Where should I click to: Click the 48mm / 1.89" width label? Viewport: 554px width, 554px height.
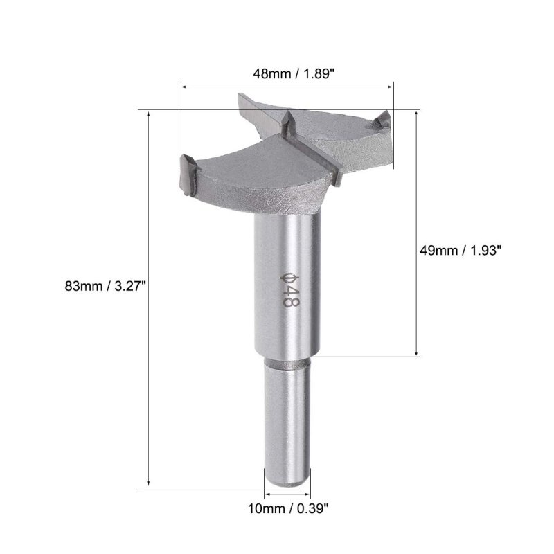(293, 74)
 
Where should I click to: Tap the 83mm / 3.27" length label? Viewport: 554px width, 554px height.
(105, 285)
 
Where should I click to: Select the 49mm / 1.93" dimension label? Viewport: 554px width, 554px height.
(461, 251)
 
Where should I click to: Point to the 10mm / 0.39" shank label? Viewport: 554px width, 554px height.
(288, 509)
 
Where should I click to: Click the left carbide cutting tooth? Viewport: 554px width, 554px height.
(188, 175)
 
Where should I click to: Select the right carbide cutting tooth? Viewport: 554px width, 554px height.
(383, 119)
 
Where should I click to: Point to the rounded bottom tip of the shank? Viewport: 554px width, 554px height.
(287, 483)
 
